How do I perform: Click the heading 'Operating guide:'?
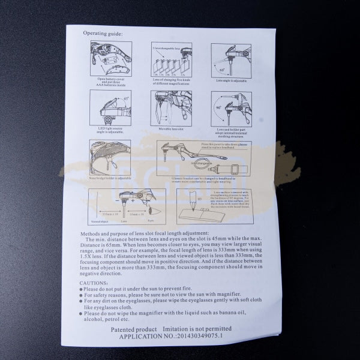click(x=103, y=33)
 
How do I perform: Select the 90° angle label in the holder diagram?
click(x=219, y=108)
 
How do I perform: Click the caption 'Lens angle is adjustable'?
click(x=232, y=79)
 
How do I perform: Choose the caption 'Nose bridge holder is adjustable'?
click(x=110, y=178)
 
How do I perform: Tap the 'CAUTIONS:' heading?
click(x=94, y=281)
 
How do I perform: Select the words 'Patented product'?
click(x=134, y=330)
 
